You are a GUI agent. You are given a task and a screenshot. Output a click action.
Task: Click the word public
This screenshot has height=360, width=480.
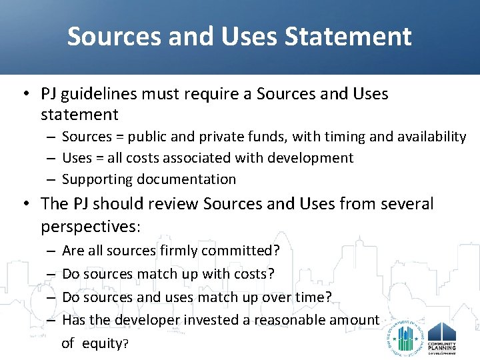(x=151, y=137)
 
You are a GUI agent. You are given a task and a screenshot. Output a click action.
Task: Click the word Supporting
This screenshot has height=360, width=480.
(x=97, y=179)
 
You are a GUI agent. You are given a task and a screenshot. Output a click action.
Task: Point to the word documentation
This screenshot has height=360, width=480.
(x=187, y=179)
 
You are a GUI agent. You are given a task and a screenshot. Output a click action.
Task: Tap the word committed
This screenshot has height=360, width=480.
(x=240, y=251)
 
